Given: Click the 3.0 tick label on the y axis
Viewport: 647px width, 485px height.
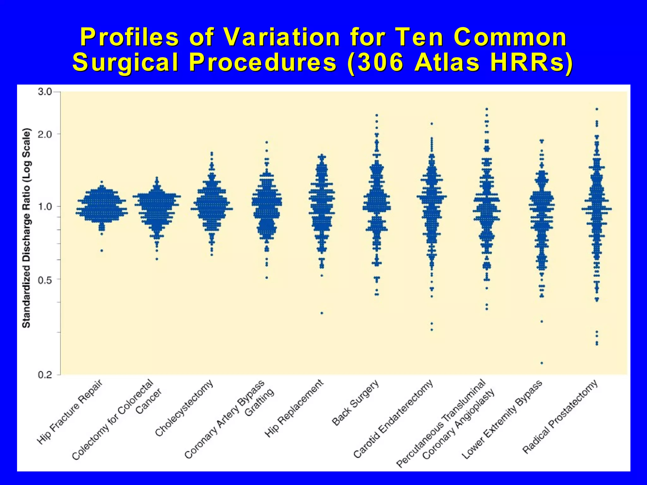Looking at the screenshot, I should [x=45, y=92].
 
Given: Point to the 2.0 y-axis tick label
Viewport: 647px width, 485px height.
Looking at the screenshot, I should [x=45, y=134].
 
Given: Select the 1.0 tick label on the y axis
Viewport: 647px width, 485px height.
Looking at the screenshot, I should [x=45, y=207].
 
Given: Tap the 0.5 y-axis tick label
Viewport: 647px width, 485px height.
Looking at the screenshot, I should [x=45, y=279].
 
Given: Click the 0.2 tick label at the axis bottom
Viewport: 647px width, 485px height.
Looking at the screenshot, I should [x=45, y=375].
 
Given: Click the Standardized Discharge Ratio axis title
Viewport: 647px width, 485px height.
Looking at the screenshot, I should [x=26, y=228].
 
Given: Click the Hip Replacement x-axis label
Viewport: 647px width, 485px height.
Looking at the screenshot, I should [x=294, y=409].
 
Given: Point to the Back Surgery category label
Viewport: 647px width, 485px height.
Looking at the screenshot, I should [x=355, y=403].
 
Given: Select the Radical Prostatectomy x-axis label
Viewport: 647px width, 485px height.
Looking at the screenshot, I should [x=560, y=416].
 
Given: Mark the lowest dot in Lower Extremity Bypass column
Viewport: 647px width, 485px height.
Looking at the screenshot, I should [x=542, y=363].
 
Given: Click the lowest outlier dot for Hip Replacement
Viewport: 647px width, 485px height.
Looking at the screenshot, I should [x=322, y=313].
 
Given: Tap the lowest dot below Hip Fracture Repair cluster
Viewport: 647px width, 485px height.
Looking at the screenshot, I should [x=102, y=251].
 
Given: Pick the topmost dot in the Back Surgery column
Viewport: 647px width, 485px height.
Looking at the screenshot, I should [x=377, y=115].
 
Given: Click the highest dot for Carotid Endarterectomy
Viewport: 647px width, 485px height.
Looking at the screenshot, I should [x=432, y=124].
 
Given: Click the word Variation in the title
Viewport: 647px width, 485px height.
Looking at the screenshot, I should [x=281, y=37].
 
